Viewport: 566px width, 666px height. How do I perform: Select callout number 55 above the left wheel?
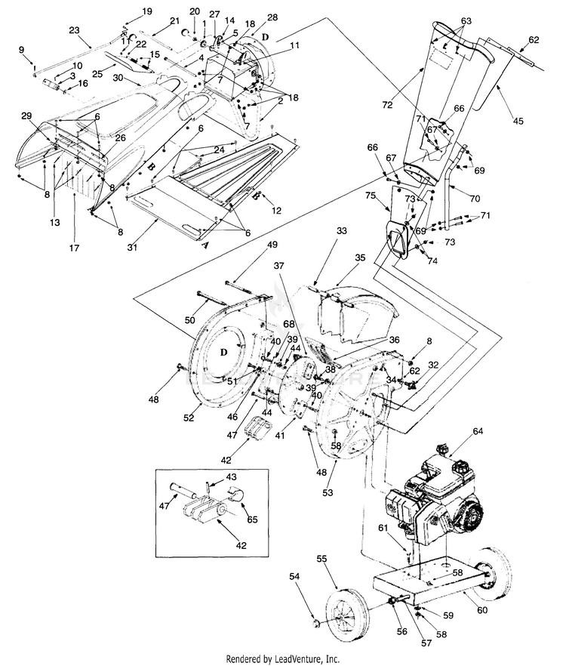click(322, 559)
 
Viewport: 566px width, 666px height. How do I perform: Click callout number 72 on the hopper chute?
click(387, 105)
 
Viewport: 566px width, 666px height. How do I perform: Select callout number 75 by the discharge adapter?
click(371, 196)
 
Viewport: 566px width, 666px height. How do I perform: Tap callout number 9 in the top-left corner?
click(22, 49)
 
